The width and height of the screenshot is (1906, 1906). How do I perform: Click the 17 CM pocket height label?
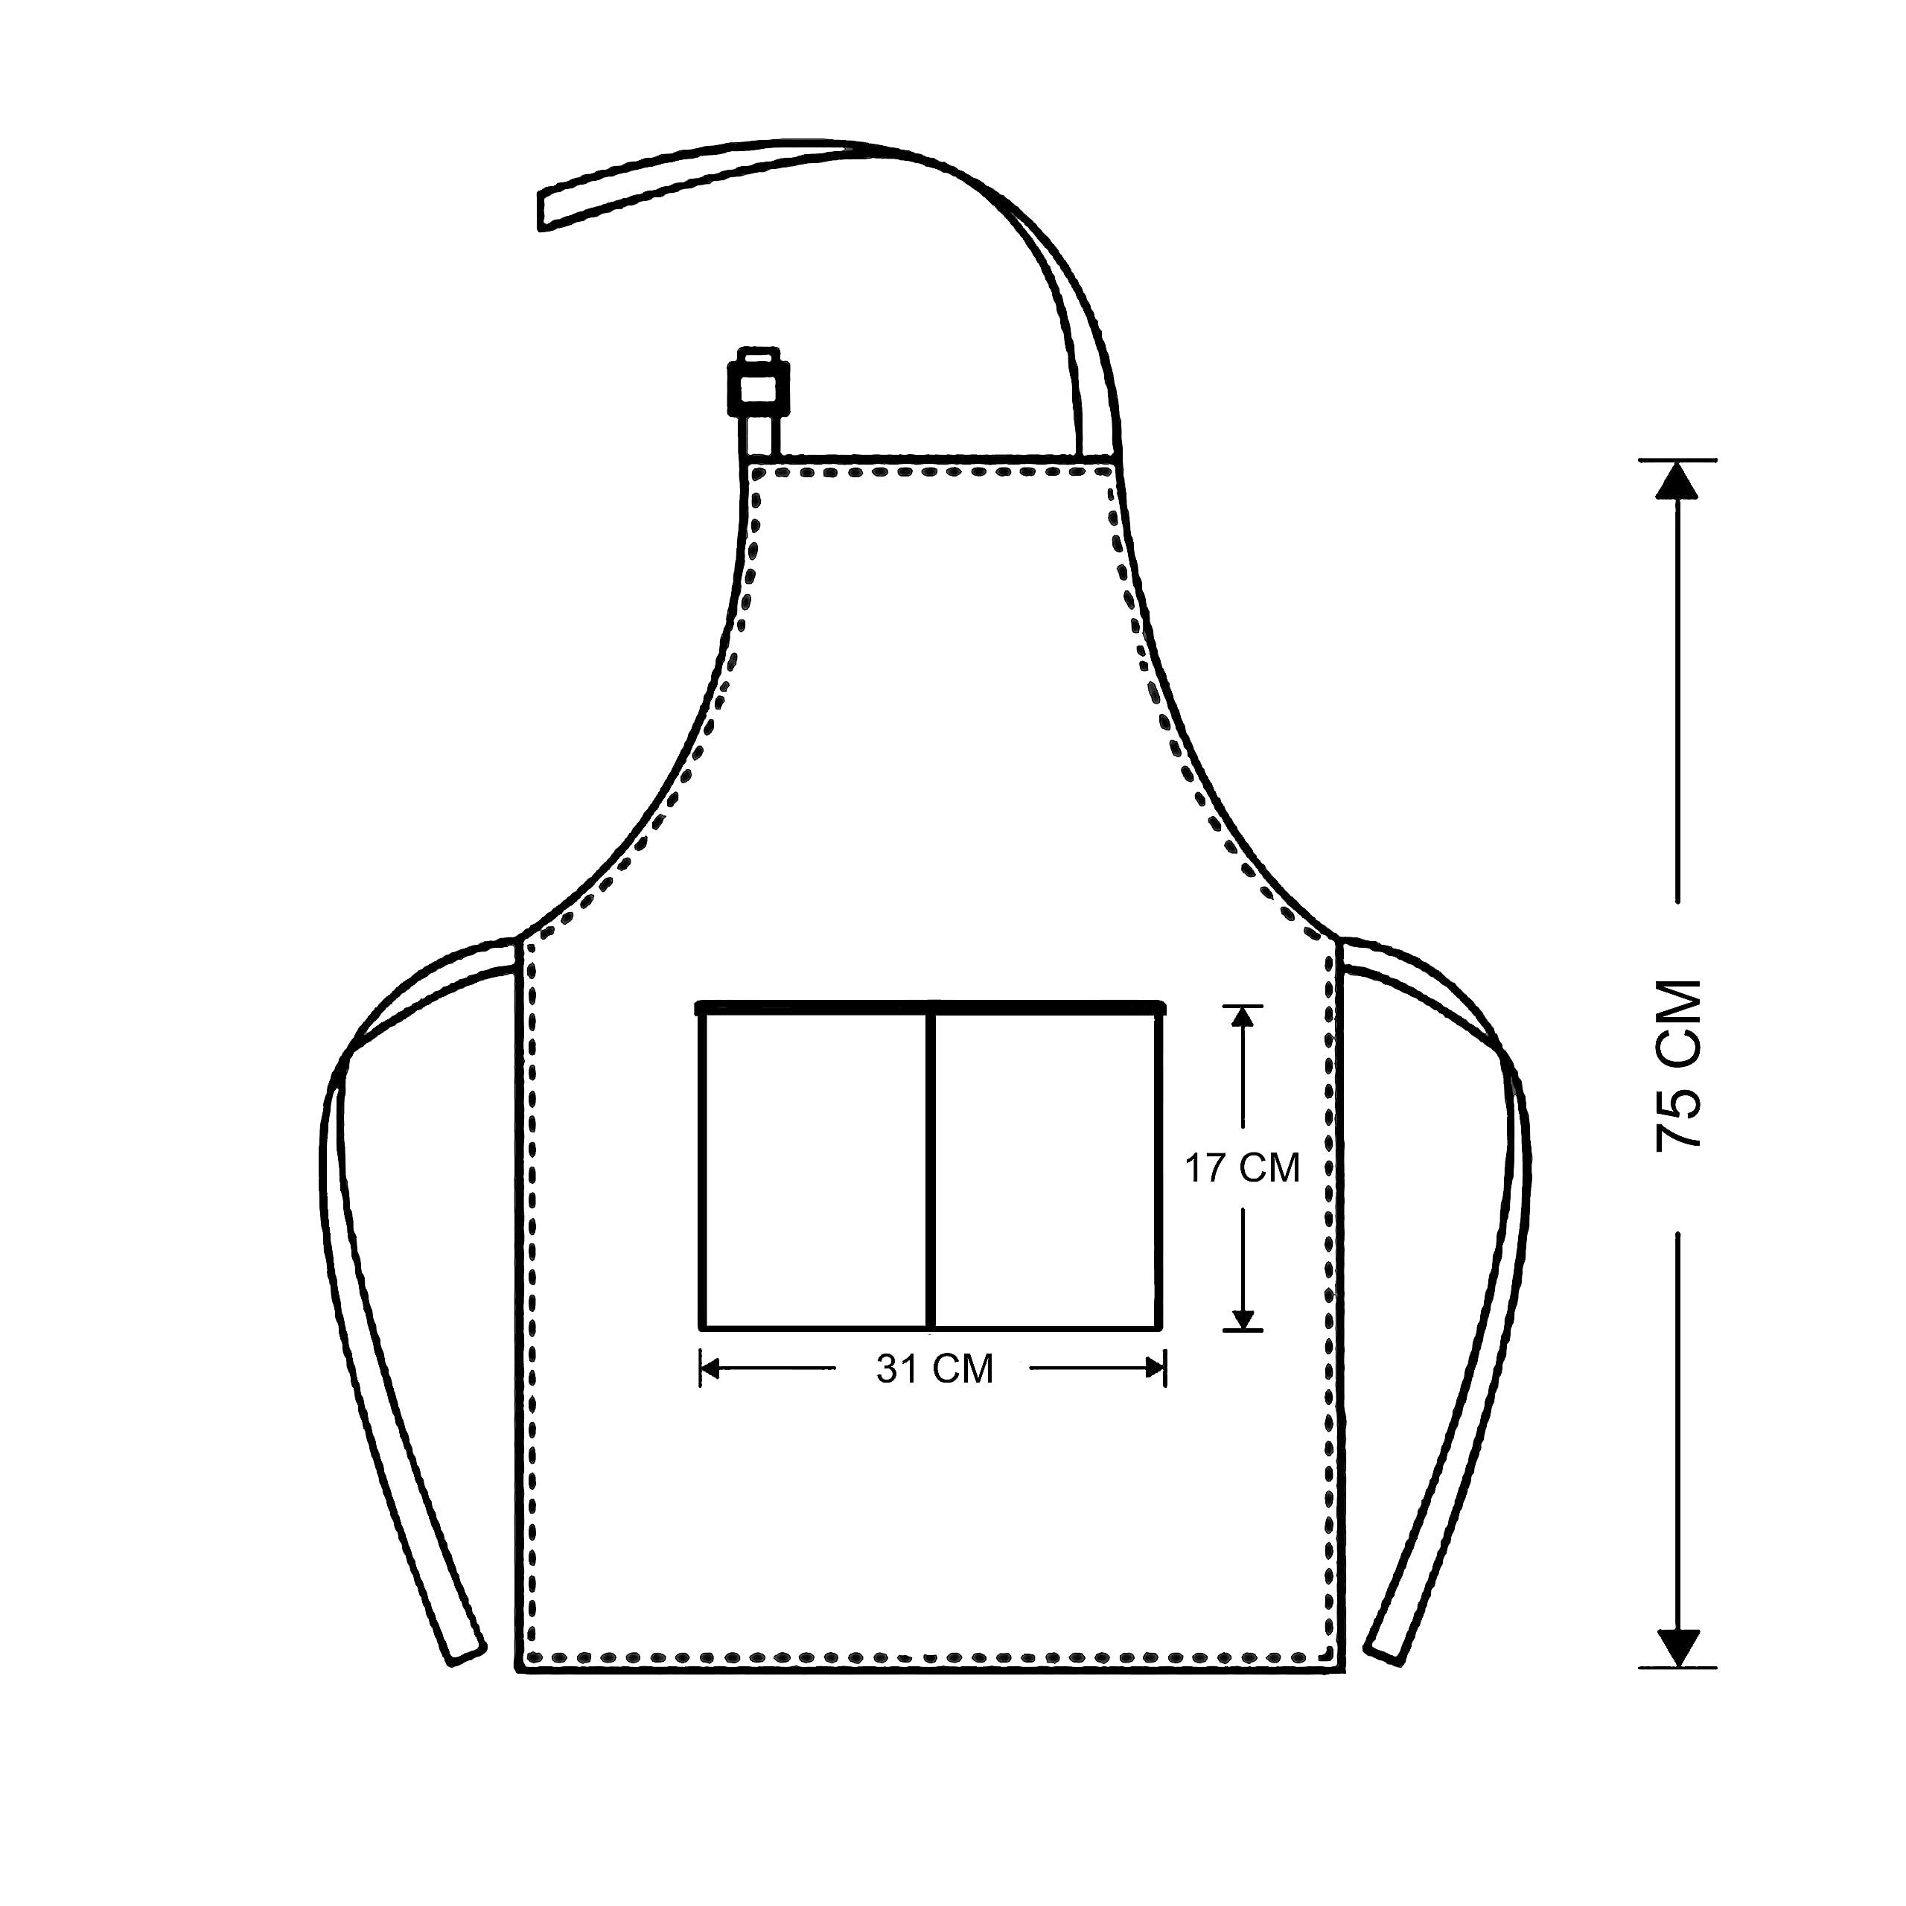tap(1242, 1168)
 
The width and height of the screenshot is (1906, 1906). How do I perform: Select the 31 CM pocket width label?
tap(934, 1368)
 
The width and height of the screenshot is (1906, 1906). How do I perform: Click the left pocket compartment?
tap(815, 1170)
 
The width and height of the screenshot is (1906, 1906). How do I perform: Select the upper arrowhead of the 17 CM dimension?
tap(1243, 1017)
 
